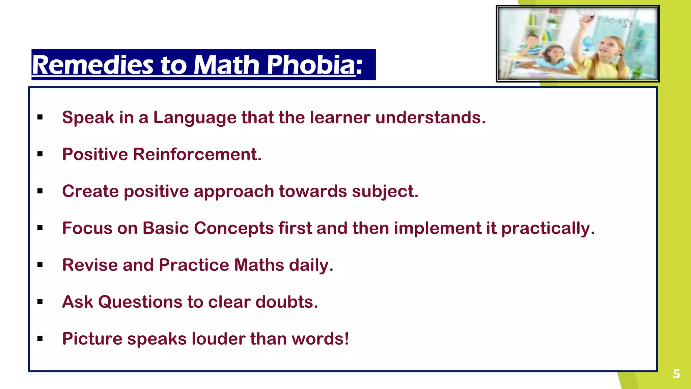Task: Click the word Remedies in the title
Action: tap(93, 65)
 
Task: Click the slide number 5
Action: tap(676, 374)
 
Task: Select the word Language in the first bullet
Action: tap(195, 118)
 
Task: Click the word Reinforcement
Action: tap(197, 154)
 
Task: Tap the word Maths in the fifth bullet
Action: tap(259, 265)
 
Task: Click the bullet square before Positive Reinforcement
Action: tap(40, 154)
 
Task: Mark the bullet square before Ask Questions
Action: tap(40, 302)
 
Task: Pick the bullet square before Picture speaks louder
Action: tap(40, 339)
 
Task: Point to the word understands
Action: tap(430, 118)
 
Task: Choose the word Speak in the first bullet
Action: tap(88, 118)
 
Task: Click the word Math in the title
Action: tap(226, 65)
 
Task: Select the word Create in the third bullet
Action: tap(90, 191)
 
